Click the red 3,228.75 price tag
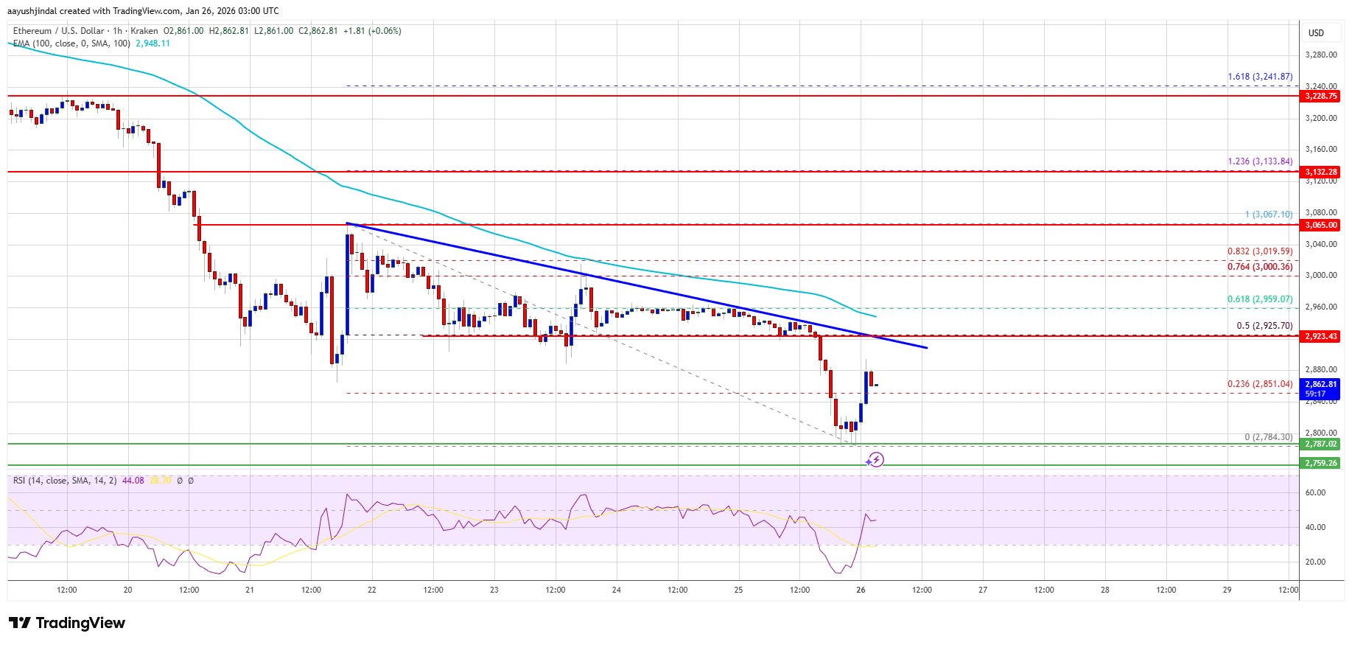point(1320,96)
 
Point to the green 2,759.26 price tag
point(1320,463)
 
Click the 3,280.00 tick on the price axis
point(1320,55)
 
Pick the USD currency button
point(1316,32)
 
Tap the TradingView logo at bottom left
point(67,623)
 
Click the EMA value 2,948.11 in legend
point(153,43)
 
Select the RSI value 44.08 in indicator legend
point(133,481)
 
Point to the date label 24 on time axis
point(616,590)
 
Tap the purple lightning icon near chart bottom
point(875,460)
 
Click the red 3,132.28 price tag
point(1320,172)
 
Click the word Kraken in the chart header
point(144,31)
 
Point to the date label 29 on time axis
point(1227,590)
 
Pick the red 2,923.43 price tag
point(1320,336)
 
